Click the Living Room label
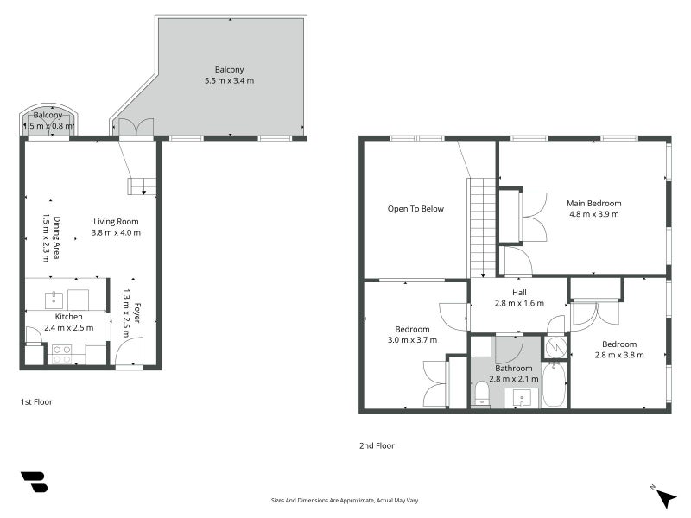(x=116, y=222)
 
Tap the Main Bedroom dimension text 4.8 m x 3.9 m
(x=594, y=214)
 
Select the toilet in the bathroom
(x=482, y=393)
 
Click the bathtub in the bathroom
(x=555, y=384)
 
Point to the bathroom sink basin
(x=522, y=398)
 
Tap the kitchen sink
(x=54, y=300)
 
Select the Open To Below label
(x=415, y=209)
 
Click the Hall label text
(x=519, y=292)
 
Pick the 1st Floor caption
(x=36, y=401)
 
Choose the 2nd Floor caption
(x=377, y=445)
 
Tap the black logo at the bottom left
(x=35, y=482)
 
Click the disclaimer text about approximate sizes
(x=345, y=501)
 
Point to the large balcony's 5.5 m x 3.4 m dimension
(x=229, y=80)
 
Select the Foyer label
(x=137, y=313)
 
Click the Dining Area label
(x=57, y=238)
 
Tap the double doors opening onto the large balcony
(x=136, y=127)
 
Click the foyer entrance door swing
(x=130, y=351)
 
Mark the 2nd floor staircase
(x=483, y=227)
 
